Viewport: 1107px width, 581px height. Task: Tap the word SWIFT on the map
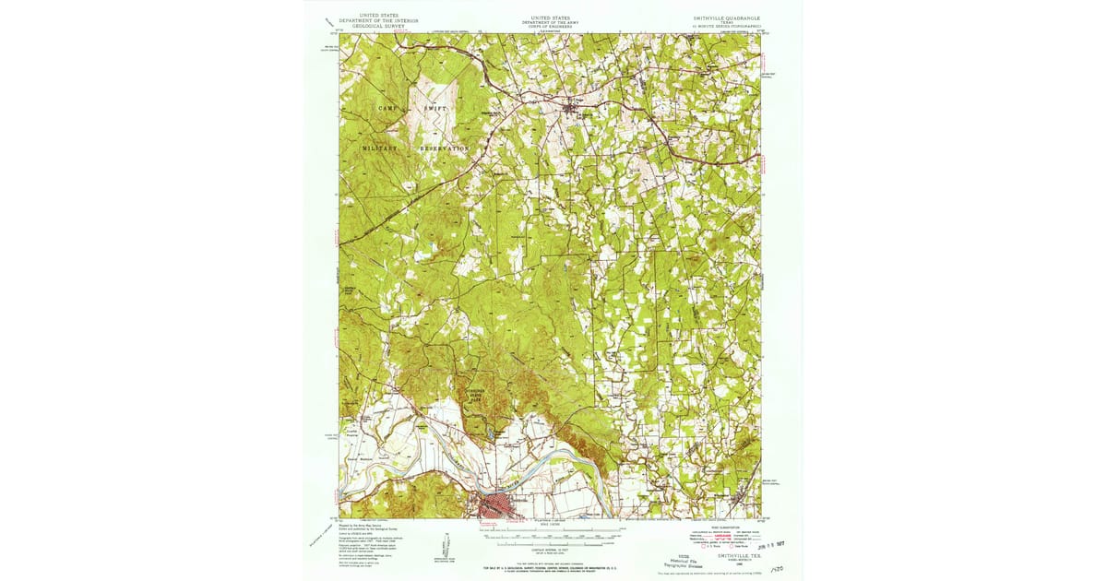[x=436, y=108]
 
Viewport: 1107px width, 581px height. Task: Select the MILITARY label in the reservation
[x=380, y=148]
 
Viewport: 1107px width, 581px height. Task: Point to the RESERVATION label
[x=445, y=148]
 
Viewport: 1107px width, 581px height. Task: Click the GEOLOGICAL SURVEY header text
[x=380, y=27]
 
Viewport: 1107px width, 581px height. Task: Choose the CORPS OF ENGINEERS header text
[x=551, y=27]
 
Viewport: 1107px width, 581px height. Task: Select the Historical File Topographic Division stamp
[x=684, y=561]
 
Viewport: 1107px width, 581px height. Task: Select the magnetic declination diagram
[x=434, y=548]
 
